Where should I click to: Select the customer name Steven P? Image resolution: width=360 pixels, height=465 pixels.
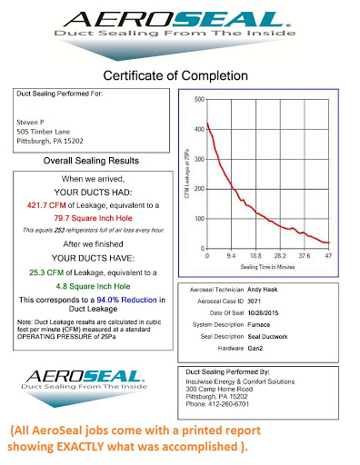click(x=33, y=119)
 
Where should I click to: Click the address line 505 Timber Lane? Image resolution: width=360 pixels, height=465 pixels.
click(x=45, y=130)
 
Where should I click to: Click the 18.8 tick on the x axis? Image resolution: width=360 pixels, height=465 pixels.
click(x=257, y=255)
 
